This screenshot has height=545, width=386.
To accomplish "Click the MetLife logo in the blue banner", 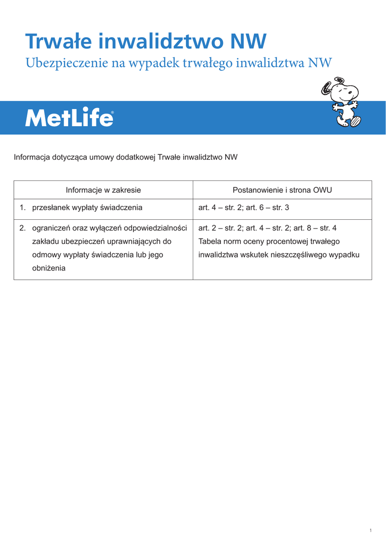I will coord(69,118).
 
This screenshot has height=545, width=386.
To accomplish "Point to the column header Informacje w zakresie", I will coord(103,190).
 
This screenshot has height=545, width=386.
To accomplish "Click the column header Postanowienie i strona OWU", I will coord(282,190).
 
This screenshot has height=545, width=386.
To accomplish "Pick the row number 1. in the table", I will coord(22,208).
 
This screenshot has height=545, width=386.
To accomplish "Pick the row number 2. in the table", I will coord(22,228).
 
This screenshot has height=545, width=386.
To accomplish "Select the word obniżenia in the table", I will coord(49,268).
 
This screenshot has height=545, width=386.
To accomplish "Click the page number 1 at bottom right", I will coord(370,530).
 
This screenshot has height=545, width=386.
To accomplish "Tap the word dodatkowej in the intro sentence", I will coord(135,157).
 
